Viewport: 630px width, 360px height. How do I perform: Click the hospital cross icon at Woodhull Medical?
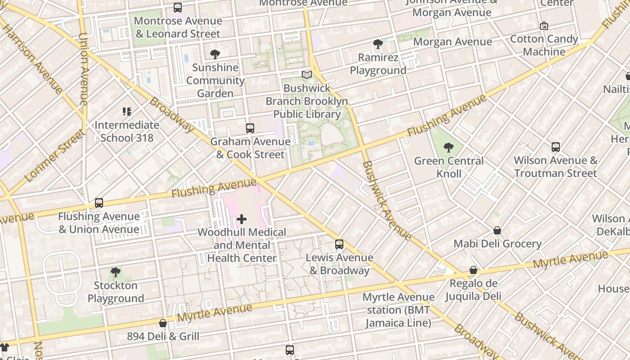(242, 219)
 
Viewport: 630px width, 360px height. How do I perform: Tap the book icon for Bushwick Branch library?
(307, 75)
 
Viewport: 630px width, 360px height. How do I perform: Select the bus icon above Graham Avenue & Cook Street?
(250, 128)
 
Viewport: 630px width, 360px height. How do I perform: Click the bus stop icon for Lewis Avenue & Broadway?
(339, 244)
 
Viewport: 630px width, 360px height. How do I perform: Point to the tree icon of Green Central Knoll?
(449, 147)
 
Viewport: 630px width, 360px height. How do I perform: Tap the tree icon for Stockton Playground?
(116, 272)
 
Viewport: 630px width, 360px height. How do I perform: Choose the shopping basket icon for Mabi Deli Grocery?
(497, 230)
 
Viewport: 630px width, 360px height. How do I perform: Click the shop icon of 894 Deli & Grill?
(163, 323)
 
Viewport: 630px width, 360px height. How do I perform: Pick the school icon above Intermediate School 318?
(127, 112)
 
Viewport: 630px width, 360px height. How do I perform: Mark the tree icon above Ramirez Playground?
(378, 44)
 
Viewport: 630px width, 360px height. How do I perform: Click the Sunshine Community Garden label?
(216, 81)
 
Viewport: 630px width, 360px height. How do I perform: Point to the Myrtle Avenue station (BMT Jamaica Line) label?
(398, 310)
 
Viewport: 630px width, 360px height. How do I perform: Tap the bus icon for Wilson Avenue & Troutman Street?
(556, 147)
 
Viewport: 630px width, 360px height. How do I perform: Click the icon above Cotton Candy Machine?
(544, 26)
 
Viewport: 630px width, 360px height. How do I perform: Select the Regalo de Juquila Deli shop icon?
(473, 270)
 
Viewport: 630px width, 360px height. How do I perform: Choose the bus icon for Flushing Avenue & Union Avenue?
(99, 203)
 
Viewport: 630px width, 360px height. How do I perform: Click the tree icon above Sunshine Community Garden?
(215, 54)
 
